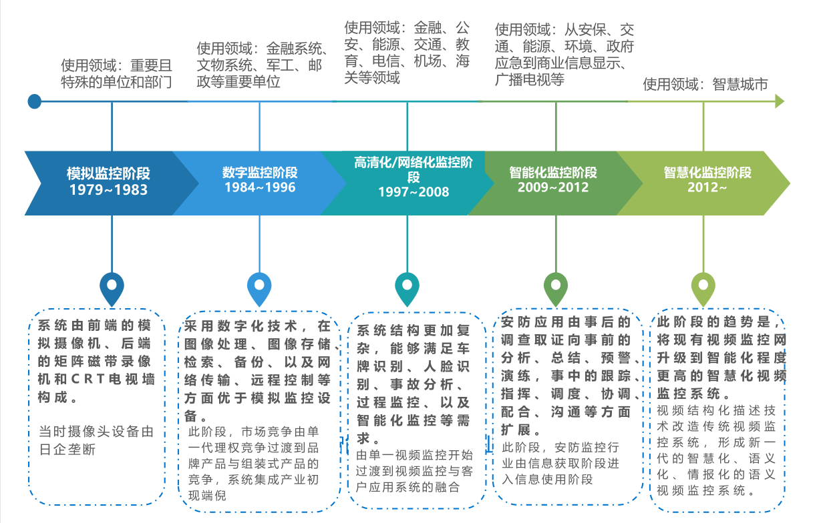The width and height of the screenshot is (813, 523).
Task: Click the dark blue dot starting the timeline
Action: pos(35,101)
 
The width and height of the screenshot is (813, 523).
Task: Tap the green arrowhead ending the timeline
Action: pos(780,101)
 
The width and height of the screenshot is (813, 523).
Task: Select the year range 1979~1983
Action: pos(108,189)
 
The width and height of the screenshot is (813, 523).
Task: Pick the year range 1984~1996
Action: pos(260,187)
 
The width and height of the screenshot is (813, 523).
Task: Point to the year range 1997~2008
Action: pos(414,191)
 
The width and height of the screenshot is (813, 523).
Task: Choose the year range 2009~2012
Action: pos(553,187)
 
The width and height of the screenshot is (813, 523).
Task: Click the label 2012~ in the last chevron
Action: pos(707,187)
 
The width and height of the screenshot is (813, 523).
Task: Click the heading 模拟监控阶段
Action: pos(108,173)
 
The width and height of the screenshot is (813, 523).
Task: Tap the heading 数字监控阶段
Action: pos(260,172)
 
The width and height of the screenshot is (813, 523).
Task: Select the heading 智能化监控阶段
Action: pos(553,172)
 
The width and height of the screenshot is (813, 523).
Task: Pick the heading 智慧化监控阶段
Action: pos(707,172)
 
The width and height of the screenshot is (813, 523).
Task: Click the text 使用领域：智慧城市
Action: pos(705,85)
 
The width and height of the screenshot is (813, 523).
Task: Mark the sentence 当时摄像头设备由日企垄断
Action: pos(96,440)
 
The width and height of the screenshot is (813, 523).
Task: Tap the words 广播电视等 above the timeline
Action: pos(530,79)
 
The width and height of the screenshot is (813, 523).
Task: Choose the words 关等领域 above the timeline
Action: pos(372,77)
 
